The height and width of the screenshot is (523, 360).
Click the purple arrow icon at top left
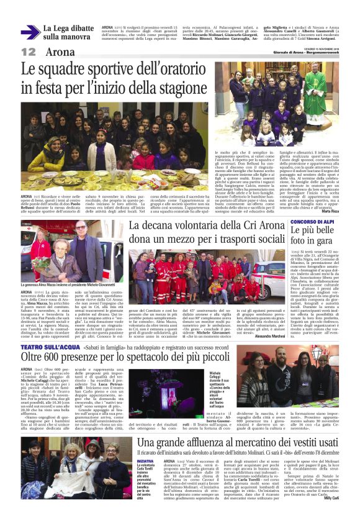[x=30, y=32]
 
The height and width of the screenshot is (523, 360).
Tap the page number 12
[x=29, y=52]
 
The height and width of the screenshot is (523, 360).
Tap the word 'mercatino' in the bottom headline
[x=256, y=442]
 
